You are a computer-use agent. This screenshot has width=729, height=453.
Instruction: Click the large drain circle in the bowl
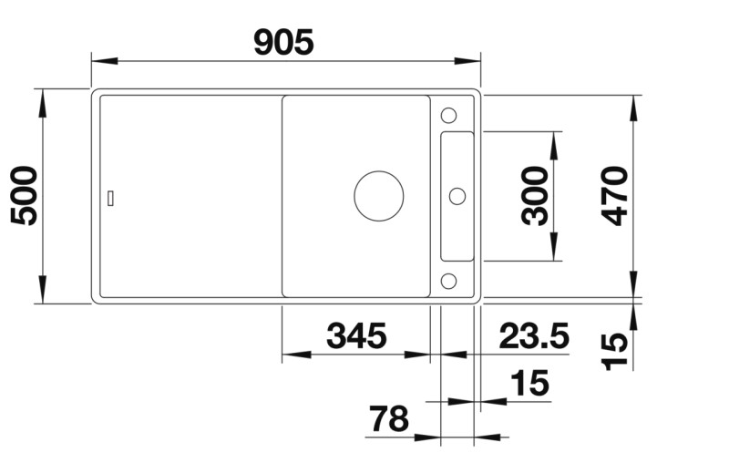point(378,195)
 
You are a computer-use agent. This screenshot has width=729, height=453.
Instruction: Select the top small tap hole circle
point(448,116)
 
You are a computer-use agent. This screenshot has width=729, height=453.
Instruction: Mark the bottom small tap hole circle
point(448,279)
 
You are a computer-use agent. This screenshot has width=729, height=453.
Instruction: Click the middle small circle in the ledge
point(457,195)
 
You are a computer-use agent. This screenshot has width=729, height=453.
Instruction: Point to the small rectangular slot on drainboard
point(110,196)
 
